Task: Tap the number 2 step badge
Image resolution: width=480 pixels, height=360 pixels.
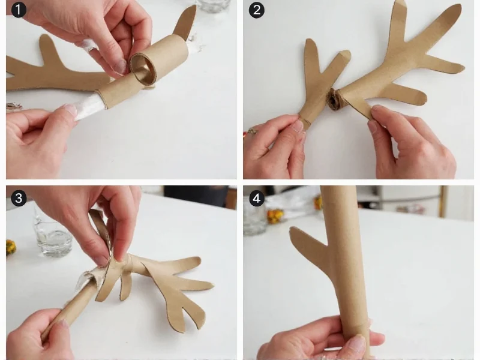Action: click(257, 10)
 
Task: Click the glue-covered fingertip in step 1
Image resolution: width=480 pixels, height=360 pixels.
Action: click(89, 44)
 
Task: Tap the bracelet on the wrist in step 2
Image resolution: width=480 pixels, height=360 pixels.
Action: click(252, 130)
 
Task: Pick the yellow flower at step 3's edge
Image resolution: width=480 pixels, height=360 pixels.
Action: click(10, 247)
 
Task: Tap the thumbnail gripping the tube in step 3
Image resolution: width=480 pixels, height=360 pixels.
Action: click(64, 324)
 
